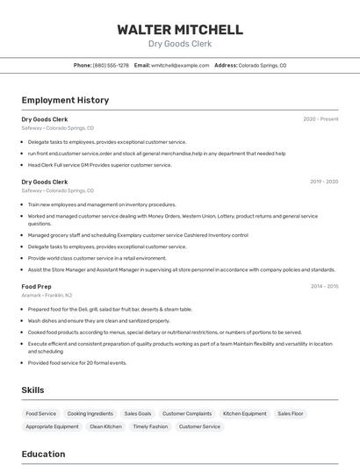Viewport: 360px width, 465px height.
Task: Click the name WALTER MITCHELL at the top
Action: point(180,29)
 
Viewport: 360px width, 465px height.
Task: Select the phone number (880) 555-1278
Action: point(111,65)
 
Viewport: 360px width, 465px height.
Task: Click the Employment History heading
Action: point(65,100)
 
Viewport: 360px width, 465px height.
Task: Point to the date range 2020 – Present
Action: point(320,119)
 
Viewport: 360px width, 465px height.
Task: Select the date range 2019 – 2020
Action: point(324,182)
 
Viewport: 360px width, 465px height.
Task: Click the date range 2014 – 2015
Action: point(324,286)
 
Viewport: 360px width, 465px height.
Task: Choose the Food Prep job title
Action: point(36,286)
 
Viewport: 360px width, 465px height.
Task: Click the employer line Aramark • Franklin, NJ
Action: point(47,296)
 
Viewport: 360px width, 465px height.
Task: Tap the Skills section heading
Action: point(33,390)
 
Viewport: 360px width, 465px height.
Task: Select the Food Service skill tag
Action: point(41,413)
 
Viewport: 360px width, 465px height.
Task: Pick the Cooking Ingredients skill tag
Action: point(90,413)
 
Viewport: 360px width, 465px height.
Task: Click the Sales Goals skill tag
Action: point(138,413)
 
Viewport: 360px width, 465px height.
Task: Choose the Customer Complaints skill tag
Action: point(187,413)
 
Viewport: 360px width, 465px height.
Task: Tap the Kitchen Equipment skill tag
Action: point(245,413)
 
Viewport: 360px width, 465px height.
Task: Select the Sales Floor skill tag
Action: point(291,413)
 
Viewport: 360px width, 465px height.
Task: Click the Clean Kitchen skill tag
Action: point(106,426)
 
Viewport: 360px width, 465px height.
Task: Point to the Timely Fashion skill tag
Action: point(150,426)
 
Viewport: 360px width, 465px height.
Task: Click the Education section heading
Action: point(43,454)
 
